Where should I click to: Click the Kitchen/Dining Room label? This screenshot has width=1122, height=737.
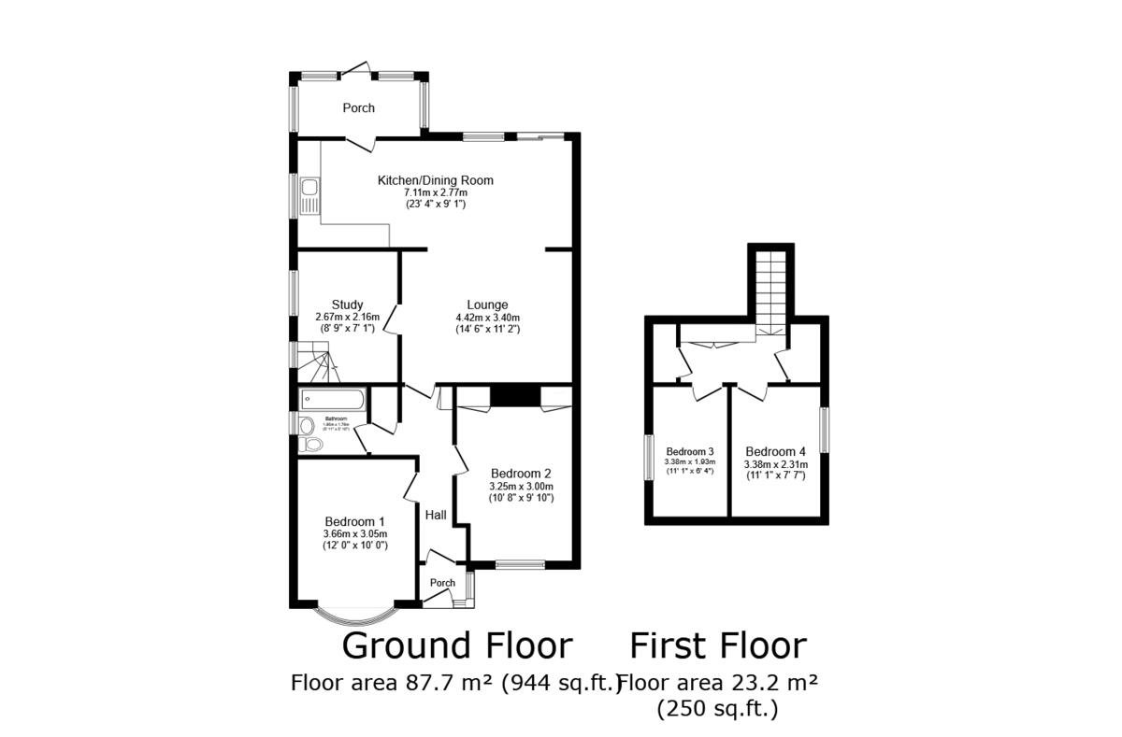(x=435, y=180)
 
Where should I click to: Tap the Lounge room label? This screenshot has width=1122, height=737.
(x=487, y=305)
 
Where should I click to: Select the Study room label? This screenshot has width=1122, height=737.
(x=347, y=305)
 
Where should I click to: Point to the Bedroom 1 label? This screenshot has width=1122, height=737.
(x=354, y=521)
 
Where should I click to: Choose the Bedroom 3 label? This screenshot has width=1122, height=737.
(x=689, y=450)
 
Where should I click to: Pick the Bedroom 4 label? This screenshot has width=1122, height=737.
(x=775, y=450)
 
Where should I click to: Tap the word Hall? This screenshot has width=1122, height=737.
(x=436, y=515)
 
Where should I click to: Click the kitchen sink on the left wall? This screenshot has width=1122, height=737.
(x=309, y=195)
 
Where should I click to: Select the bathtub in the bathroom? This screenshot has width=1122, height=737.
(x=332, y=400)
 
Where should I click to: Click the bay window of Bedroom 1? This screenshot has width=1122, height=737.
(x=354, y=617)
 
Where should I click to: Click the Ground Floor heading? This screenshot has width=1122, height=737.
(x=456, y=645)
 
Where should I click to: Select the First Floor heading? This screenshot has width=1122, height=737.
(x=717, y=645)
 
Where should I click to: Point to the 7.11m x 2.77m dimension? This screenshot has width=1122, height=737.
(x=435, y=192)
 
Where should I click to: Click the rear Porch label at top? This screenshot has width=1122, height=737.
(x=358, y=108)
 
